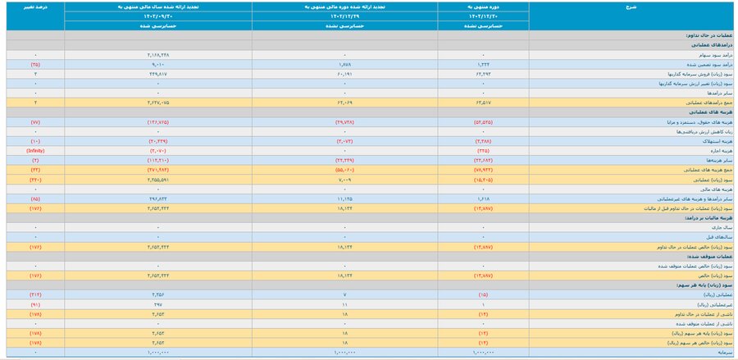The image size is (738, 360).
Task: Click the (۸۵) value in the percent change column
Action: point(34,198)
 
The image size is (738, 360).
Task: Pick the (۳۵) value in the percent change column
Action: point(34,64)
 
